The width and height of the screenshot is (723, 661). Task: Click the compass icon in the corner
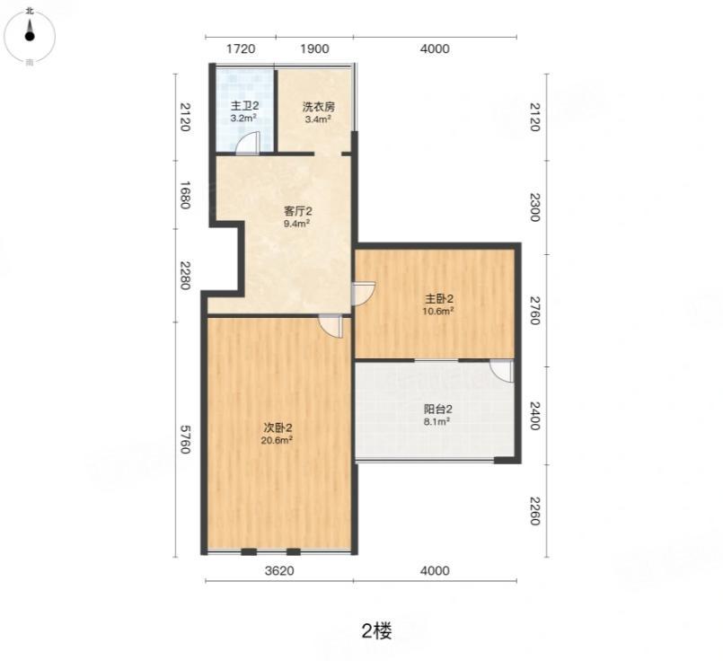30,36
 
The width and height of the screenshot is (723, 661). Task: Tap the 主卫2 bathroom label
244,107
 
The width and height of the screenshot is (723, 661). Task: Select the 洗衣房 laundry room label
318,107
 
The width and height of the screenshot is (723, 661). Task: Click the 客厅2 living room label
297,211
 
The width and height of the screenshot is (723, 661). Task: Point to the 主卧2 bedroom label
438,298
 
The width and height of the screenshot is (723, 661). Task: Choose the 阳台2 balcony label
437,409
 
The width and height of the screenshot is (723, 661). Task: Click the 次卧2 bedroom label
278,427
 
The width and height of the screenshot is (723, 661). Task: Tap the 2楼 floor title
376,631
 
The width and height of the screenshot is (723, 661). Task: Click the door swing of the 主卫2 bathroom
248,143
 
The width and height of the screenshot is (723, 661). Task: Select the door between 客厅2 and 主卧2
364,293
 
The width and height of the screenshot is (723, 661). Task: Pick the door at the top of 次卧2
331,326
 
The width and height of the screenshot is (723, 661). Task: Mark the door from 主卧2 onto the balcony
501,371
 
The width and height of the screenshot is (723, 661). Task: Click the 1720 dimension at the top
241,48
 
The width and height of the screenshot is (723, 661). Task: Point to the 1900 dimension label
314,48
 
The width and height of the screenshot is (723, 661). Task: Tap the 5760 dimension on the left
184,439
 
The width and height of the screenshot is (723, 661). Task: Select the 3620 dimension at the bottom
279,570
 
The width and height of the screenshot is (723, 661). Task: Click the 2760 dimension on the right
534,310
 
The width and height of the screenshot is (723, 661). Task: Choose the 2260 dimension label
534,511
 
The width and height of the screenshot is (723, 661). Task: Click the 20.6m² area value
278,440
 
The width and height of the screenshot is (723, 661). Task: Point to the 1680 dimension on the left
184,195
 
